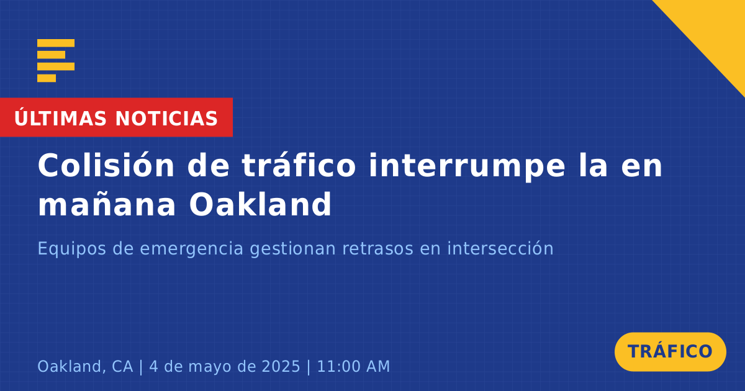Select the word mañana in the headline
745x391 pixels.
(x=107, y=204)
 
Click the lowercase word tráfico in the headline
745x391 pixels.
(x=299, y=166)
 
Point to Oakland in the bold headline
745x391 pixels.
(x=260, y=204)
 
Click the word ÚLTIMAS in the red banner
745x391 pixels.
(x=60, y=117)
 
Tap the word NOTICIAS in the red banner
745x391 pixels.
(x=166, y=119)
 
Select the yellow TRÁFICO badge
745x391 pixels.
(x=670, y=352)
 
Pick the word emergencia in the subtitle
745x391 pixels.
(x=191, y=249)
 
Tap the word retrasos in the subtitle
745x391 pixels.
(x=378, y=248)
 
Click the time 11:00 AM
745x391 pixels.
(x=353, y=366)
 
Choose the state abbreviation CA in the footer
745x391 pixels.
(x=122, y=366)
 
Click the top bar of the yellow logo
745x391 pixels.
(x=56, y=43)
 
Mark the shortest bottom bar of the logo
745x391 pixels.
(x=47, y=78)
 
